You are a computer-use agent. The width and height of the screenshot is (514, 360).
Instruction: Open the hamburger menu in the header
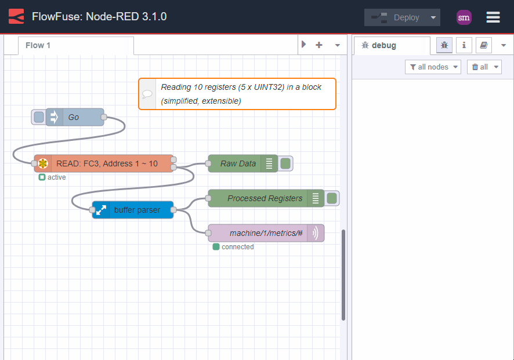pos(493,17)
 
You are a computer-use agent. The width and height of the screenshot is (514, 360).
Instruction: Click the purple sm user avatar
pos(464,17)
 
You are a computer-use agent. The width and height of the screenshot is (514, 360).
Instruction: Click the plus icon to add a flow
pos(319,45)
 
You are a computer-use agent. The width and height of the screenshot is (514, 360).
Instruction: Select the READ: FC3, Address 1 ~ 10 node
pos(107,163)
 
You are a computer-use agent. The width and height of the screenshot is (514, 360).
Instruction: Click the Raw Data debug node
pos(238,163)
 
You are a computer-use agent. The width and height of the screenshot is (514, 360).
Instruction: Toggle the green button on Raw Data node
pos(285,163)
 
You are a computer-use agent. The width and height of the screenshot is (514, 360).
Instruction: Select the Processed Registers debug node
pos(264,198)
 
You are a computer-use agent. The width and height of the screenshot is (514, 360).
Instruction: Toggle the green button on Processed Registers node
pos(332,198)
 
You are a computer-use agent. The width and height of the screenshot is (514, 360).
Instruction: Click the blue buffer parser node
pos(137,210)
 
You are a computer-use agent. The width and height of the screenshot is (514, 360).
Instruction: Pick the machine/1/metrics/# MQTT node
pos(265,233)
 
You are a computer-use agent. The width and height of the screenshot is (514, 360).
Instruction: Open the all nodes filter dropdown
pos(433,67)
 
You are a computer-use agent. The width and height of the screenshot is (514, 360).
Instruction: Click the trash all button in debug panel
pos(484,67)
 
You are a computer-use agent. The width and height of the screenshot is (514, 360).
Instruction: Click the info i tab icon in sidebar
pos(464,45)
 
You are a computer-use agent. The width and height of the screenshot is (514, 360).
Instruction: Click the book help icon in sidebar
pos(483,45)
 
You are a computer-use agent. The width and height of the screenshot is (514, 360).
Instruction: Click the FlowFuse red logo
pos(16,17)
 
